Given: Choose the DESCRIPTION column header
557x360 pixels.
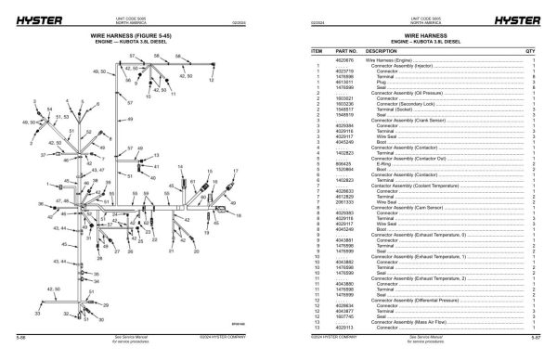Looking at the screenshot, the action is click(x=382, y=51).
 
